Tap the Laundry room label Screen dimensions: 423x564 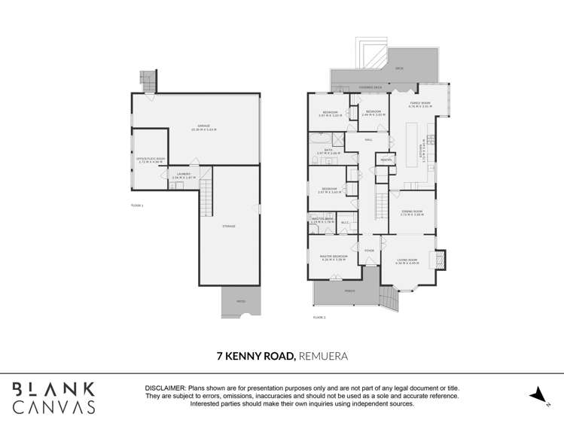(184, 175)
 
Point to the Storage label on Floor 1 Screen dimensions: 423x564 (229, 226)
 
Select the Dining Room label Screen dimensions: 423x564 (411, 213)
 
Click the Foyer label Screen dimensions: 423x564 (369, 251)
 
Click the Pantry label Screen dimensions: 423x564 (385, 160)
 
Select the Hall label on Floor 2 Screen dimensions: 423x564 (369, 140)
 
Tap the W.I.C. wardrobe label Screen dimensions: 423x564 (345, 222)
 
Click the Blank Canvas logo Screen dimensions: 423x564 (53, 397)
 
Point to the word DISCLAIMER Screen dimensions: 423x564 (164, 387)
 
